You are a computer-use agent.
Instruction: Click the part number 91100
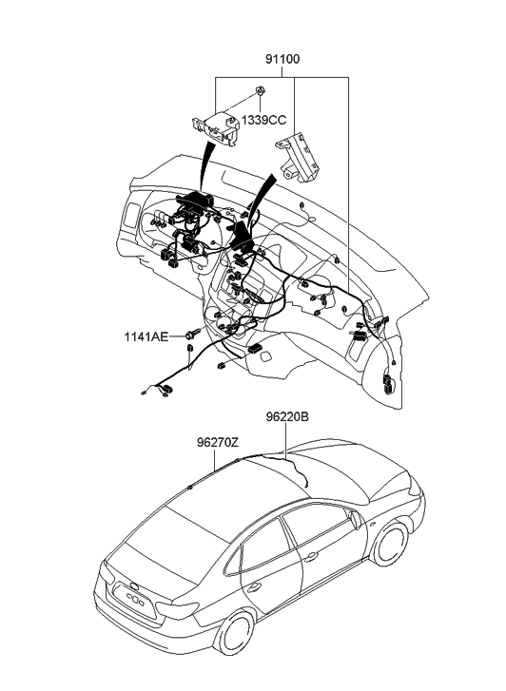pyautogui.click(x=282, y=59)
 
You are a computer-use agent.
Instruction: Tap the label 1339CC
pyautogui.click(x=263, y=120)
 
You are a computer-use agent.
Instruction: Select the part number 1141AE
pyautogui.click(x=146, y=336)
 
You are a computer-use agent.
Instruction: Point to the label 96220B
pyautogui.click(x=287, y=416)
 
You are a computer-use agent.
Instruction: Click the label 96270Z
pyautogui.click(x=218, y=442)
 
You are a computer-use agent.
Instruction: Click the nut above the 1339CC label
pyautogui.click(x=261, y=91)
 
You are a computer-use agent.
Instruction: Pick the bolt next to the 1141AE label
pyautogui.click(x=193, y=334)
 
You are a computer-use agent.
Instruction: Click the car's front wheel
pyautogui.click(x=390, y=543)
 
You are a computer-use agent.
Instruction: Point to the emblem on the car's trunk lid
pyautogui.click(x=134, y=585)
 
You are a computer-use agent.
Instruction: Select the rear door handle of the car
pyautogui.click(x=253, y=586)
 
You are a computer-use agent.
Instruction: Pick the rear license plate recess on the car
pyautogui.click(x=134, y=601)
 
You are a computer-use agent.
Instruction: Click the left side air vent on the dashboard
pyautogui.click(x=130, y=215)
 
